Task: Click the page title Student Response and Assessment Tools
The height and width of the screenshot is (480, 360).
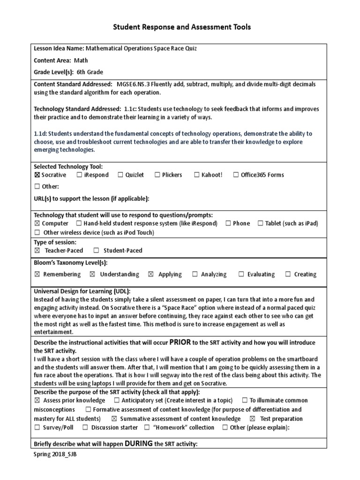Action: pos(181,27)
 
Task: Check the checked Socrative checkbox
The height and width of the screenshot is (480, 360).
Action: pos(37,175)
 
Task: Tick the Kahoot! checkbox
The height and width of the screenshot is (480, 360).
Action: pos(196,175)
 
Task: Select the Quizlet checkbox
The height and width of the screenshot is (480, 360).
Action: pos(120,175)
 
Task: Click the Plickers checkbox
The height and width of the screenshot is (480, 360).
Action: pos(157,175)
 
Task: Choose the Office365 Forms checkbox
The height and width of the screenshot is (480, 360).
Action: pos(235,175)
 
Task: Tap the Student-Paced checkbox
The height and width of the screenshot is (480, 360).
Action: pos(96,250)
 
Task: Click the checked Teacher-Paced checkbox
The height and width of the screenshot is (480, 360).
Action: pos(37,250)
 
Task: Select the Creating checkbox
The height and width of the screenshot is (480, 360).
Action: pos(288,274)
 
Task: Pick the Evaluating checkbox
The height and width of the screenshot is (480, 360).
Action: pos(241,274)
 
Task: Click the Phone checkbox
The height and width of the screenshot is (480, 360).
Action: pos(228,224)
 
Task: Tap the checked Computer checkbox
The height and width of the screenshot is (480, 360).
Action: pos(37,224)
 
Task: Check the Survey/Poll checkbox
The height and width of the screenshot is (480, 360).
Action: pos(37,427)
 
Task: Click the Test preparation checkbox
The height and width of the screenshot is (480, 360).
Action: pos(253,419)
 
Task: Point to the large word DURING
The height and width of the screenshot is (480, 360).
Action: pos(139,443)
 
